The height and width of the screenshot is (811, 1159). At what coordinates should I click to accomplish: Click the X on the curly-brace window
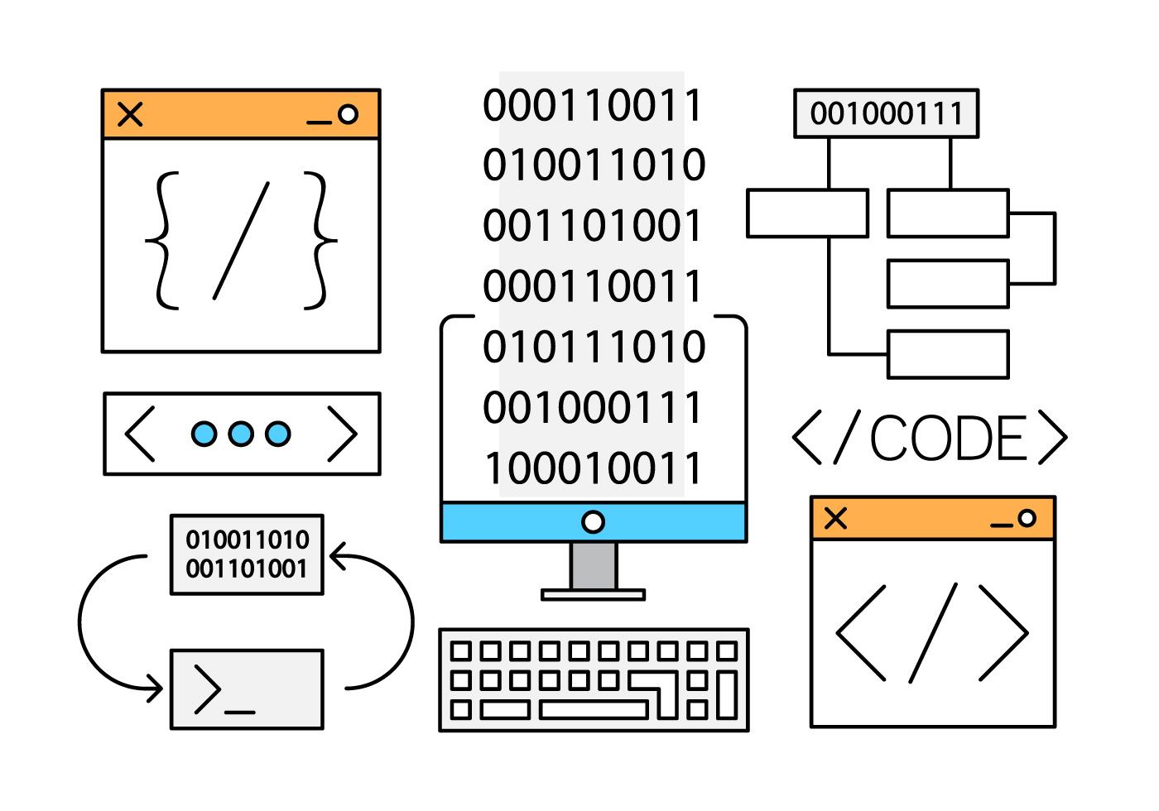130,114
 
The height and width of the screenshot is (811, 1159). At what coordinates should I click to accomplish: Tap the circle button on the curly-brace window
349,114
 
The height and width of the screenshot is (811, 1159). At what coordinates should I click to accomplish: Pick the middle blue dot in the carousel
240,434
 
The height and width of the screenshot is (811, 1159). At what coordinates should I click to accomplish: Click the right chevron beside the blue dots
342,433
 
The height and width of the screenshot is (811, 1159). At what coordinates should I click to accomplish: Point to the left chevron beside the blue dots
139,433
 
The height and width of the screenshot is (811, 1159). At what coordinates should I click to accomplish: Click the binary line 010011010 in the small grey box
247,540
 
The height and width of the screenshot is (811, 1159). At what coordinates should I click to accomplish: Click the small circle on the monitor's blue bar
593,521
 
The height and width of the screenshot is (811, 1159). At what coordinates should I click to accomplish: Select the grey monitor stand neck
593,566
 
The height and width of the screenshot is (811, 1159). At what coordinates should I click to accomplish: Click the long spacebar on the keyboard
593,709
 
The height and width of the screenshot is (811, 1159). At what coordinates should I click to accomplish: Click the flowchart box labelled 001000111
886,113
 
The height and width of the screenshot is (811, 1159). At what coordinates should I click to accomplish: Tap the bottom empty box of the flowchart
948,354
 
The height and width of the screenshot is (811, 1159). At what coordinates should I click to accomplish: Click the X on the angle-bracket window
836,519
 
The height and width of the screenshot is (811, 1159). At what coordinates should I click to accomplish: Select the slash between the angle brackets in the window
933,633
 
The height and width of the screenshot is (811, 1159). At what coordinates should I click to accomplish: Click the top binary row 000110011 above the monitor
593,106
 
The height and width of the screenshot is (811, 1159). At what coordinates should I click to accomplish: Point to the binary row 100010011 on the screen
593,468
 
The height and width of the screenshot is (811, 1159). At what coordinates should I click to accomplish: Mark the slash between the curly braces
242,240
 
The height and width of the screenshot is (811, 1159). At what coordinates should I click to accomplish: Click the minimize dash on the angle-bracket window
1002,525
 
